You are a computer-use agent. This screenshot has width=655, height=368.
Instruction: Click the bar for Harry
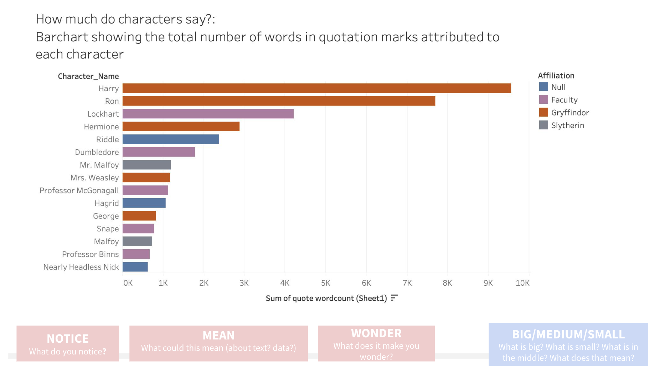point(316,88)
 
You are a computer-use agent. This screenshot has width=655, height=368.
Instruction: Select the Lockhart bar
point(208,114)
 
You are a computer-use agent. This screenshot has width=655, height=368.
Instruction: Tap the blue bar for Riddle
point(171,139)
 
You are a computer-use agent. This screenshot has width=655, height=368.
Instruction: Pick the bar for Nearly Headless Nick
point(135,267)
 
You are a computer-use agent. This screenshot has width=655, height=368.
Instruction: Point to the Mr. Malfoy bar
point(146,165)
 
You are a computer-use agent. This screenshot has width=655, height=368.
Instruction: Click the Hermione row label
point(101,127)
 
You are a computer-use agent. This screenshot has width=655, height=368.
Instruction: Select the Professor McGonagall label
point(79,190)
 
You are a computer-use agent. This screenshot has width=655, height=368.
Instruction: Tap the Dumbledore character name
point(97,152)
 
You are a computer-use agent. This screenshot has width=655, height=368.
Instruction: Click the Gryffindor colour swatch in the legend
point(543,112)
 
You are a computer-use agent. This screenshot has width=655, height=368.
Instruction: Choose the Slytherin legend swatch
point(543,125)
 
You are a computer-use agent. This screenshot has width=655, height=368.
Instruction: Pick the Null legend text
point(558,87)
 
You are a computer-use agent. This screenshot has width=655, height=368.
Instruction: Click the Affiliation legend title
point(556,76)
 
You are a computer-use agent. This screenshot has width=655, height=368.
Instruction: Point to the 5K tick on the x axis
point(325,283)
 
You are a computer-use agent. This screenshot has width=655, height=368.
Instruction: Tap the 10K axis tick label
point(522,283)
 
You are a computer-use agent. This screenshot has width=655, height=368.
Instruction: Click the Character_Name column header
point(88,76)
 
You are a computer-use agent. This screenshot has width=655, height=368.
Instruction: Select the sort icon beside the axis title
point(394,298)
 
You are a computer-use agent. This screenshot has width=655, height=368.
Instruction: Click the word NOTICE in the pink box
point(68,338)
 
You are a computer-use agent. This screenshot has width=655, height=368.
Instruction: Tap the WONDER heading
point(376,333)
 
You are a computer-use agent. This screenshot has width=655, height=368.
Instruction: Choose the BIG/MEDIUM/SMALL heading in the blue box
point(568,334)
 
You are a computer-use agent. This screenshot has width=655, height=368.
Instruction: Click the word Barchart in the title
point(62,37)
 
